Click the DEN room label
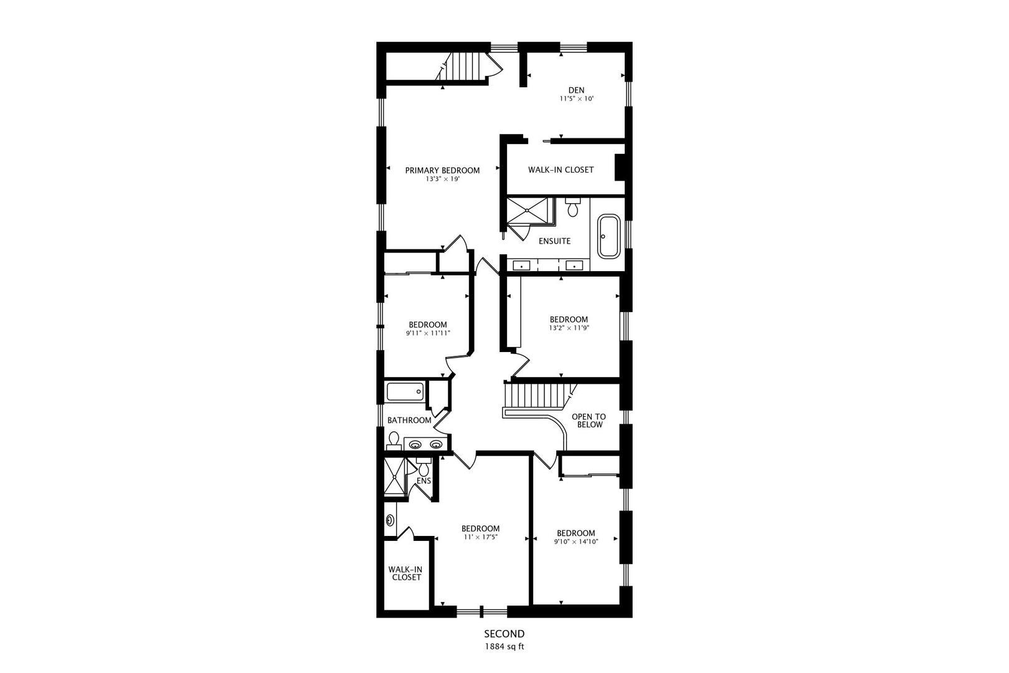[576, 90]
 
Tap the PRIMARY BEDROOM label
[442, 170]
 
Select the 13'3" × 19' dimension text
[442, 179]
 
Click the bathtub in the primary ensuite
[609, 236]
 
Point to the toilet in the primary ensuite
[573, 207]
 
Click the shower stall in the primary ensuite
[527, 210]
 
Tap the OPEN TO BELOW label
[589, 421]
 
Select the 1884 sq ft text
[504, 646]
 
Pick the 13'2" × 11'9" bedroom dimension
[569, 328]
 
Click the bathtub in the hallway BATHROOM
[405, 392]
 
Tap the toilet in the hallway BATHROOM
[394, 441]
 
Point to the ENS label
[424, 481]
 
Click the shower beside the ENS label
[394, 477]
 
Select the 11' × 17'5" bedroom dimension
[480, 537]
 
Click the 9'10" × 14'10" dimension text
[576, 542]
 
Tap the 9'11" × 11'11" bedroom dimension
[428, 333]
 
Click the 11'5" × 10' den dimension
[577, 98]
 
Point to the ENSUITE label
[554, 241]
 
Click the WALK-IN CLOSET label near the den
[561, 170]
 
